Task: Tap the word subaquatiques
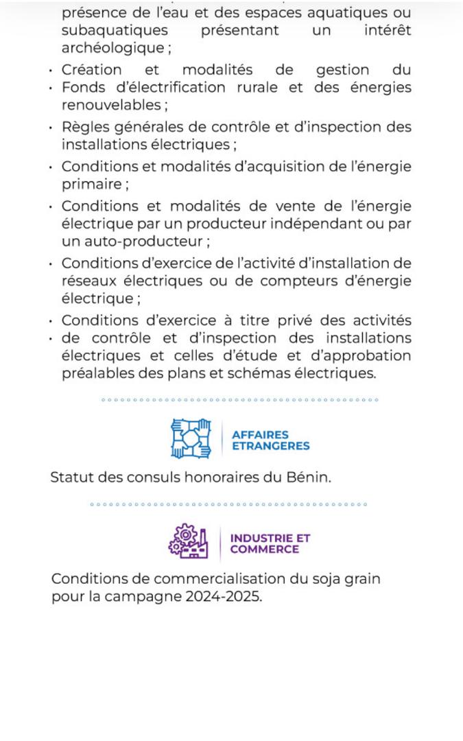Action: (114, 31)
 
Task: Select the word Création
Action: (91, 70)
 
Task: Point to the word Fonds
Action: (82, 88)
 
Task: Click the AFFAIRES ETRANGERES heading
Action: (270, 440)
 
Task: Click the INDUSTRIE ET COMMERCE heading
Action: (270, 543)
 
